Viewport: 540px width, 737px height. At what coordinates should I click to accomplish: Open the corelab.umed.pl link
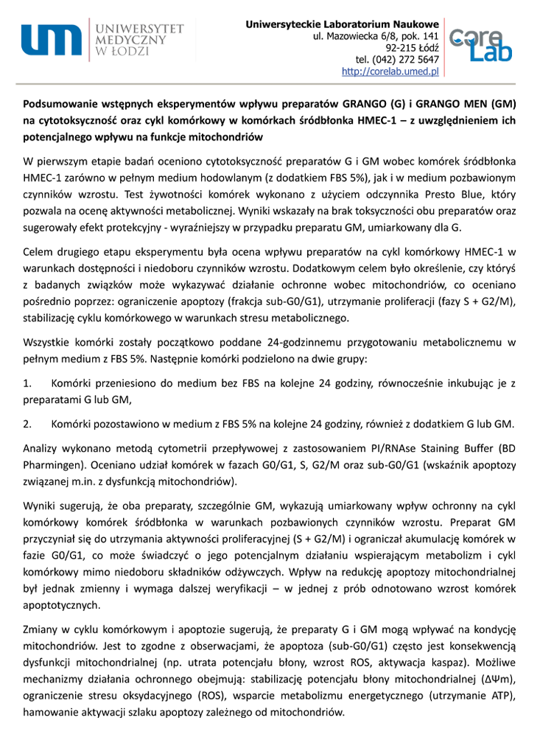pyautogui.click(x=390, y=71)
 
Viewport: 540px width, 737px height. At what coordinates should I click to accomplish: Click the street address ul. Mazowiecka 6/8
pyautogui.click(x=357, y=36)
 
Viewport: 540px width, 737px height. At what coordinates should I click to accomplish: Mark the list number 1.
pyautogui.click(x=27, y=385)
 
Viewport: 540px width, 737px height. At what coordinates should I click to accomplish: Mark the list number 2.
pyautogui.click(x=27, y=425)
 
